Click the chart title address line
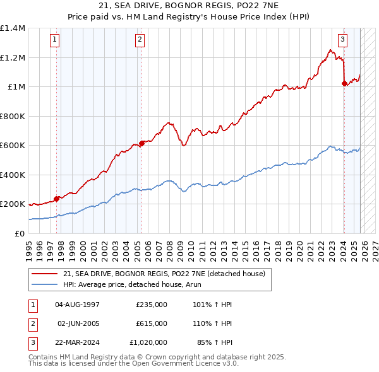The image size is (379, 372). click(189, 6)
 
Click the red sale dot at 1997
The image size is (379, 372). click(56, 199)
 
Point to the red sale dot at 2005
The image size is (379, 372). click(141, 143)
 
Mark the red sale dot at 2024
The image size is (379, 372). click(344, 83)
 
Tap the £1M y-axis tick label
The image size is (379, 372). click(16, 87)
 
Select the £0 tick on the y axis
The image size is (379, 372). click(20, 233)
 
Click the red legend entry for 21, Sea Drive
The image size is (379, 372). click(167, 274)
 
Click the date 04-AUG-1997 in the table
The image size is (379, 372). click(77, 305)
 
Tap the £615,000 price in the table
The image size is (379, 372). click(152, 323)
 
